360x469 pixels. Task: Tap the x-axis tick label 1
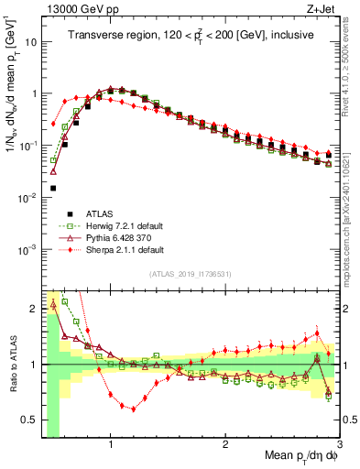111,445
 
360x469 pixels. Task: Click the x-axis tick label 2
225,445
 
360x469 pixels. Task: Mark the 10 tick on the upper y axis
30,42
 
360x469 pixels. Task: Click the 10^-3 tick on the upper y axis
27,249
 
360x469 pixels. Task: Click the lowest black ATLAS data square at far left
53,188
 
